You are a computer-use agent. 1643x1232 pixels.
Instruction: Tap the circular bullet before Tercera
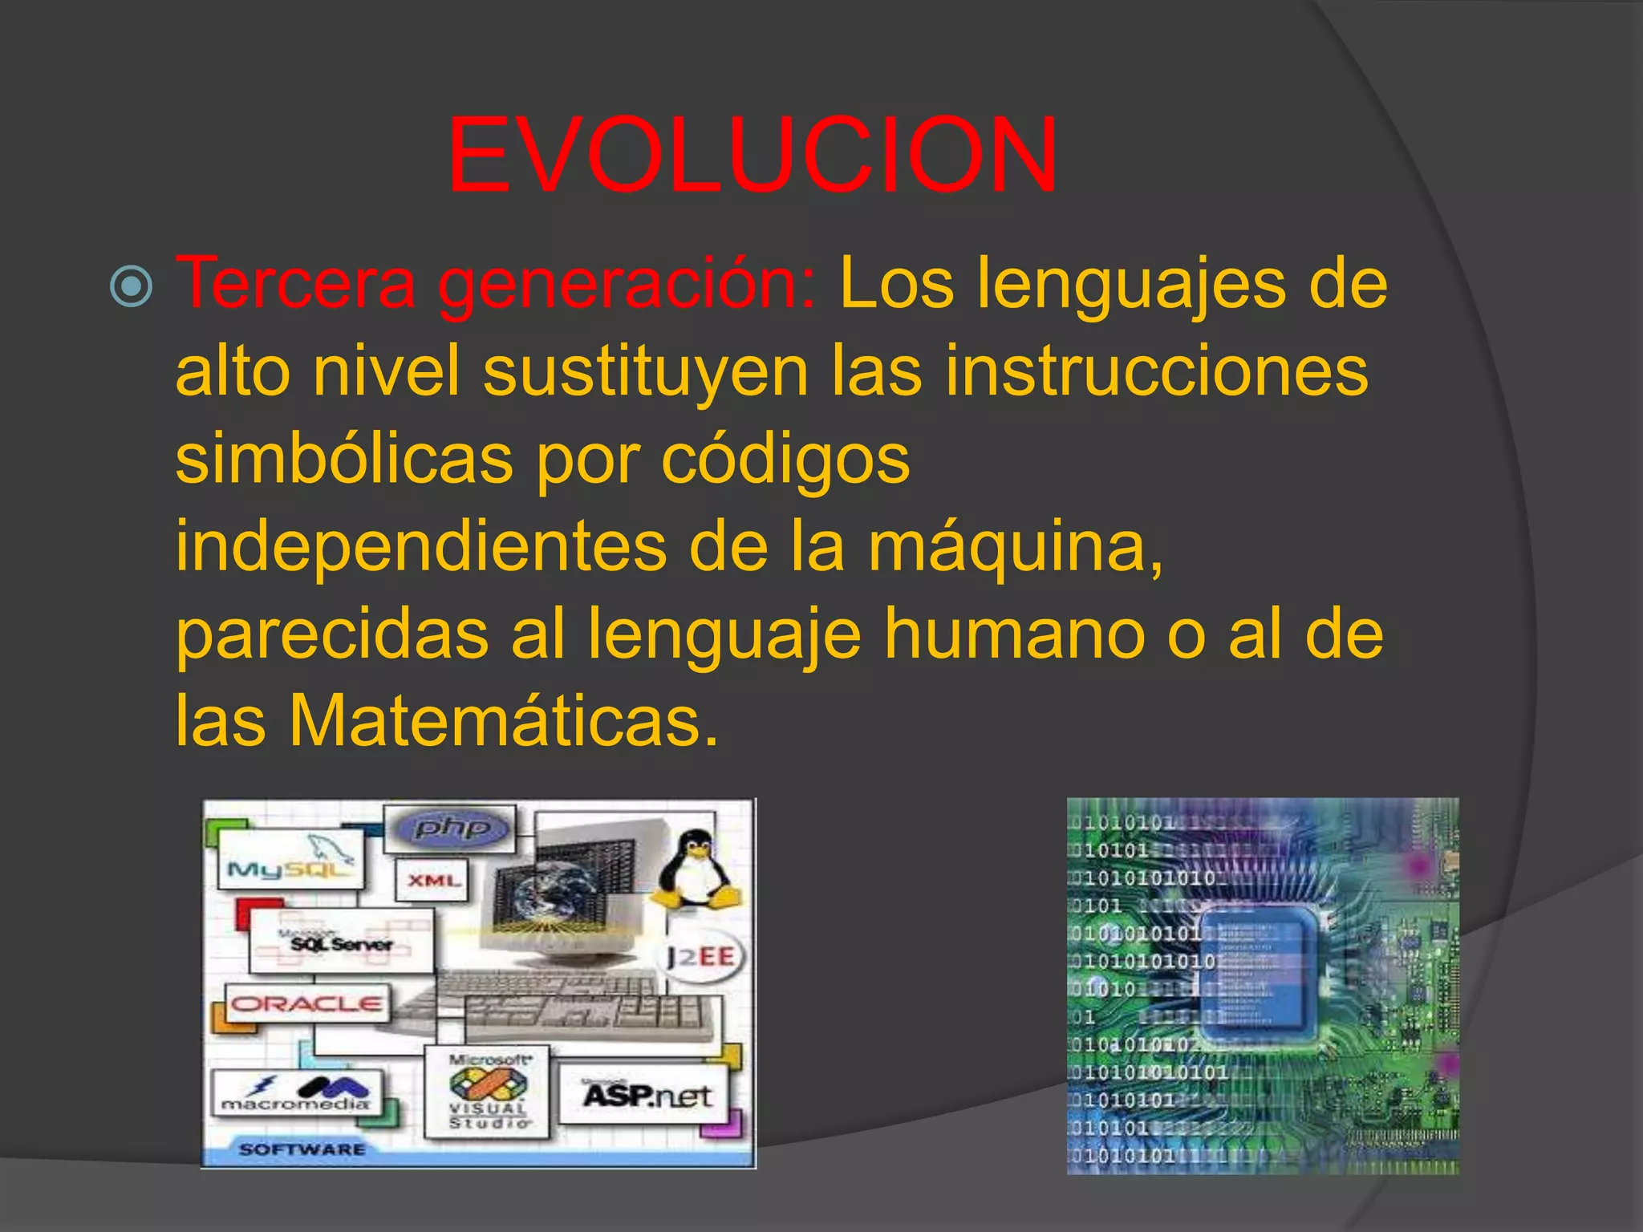[x=130, y=286]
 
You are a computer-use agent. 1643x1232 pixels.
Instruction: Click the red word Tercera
[x=295, y=282]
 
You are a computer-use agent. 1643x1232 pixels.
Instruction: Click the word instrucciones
[x=1156, y=371]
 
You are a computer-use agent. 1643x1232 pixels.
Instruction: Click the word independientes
[x=420, y=547]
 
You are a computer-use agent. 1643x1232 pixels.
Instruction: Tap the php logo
[x=452, y=828]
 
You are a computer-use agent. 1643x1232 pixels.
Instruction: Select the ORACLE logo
[x=306, y=1003]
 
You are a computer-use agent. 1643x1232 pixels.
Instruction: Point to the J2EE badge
[x=700, y=956]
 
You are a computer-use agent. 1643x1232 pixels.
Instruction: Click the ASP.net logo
[x=646, y=1095]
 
